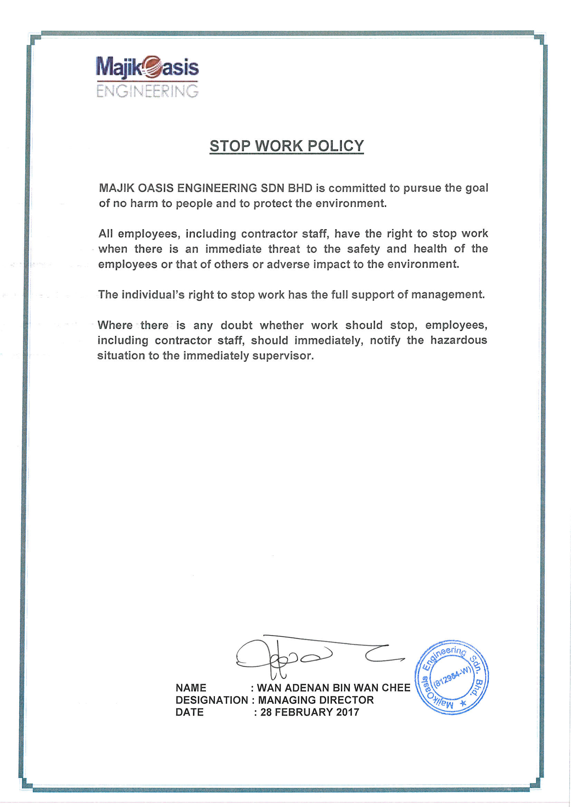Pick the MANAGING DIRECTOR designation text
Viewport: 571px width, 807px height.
[316, 700]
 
